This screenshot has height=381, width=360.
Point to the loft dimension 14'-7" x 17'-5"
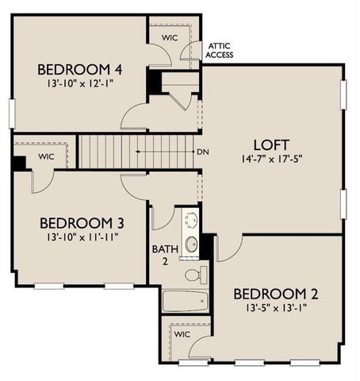270,160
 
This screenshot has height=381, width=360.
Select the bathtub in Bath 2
184,301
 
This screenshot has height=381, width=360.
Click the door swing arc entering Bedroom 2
226,250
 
